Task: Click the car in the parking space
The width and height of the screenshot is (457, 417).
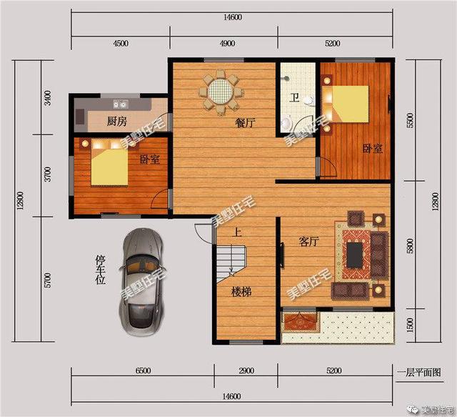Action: (142, 281)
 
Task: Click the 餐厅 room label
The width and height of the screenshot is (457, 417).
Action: (246, 122)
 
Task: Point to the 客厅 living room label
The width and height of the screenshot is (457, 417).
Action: (308, 242)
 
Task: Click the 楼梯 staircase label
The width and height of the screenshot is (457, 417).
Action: (240, 292)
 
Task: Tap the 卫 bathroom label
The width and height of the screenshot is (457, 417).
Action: (293, 98)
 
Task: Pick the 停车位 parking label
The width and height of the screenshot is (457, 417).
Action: (100, 270)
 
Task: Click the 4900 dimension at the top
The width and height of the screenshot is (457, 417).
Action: (227, 43)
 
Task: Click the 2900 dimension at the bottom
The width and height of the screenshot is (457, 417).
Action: (246, 371)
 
